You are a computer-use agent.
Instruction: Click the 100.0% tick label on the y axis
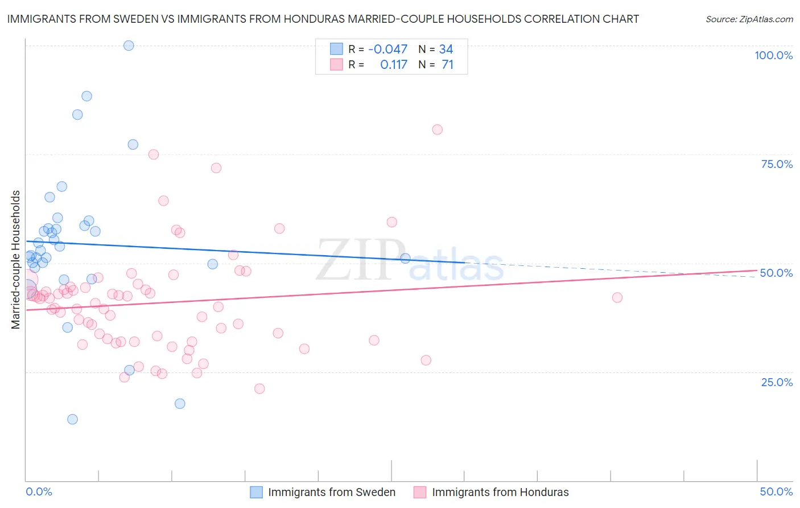[773, 55]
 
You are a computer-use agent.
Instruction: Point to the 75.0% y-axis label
[777, 164]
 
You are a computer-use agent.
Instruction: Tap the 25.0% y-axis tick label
[777, 382]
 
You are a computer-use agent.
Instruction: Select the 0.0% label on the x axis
[39, 491]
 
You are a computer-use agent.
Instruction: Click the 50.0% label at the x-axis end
[776, 491]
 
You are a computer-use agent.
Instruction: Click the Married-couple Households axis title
[16, 259]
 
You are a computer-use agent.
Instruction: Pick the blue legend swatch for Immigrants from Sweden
[257, 492]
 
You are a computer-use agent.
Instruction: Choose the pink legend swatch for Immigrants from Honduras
[420, 492]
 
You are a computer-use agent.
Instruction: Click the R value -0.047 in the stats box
[387, 49]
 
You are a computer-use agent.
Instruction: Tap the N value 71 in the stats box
[447, 64]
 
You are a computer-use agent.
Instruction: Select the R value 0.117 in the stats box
[394, 64]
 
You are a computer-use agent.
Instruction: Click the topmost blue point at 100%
[129, 46]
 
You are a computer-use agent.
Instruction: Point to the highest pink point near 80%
[437, 129]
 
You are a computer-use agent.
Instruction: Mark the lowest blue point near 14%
[72, 419]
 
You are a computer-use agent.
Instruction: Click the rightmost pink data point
[617, 297]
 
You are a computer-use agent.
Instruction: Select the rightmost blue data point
[405, 258]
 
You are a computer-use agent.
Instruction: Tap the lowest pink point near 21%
[259, 388]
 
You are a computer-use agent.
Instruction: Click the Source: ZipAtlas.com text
[749, 19]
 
